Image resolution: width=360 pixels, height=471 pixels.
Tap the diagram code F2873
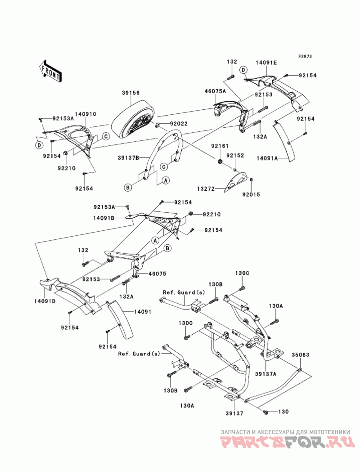click(x=305, y=56)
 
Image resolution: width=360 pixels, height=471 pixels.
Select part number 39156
click(x=130, y=93)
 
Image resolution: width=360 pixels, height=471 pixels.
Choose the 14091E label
click(x=266, y=63)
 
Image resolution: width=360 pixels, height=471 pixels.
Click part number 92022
click(x=179, y=123)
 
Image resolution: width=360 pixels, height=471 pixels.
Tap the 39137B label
click(x=128, y=157)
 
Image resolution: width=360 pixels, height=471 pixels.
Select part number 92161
click(x=220, y=146)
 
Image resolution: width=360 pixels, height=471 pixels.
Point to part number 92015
click(x=251, y=194)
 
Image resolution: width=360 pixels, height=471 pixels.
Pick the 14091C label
click(x=85, y=114)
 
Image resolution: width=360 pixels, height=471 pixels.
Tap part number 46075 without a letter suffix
click(x=157, y=274)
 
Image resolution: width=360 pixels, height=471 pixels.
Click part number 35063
click(x=300, y=355)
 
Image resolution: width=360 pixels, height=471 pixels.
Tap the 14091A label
click(x=267, y=157)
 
